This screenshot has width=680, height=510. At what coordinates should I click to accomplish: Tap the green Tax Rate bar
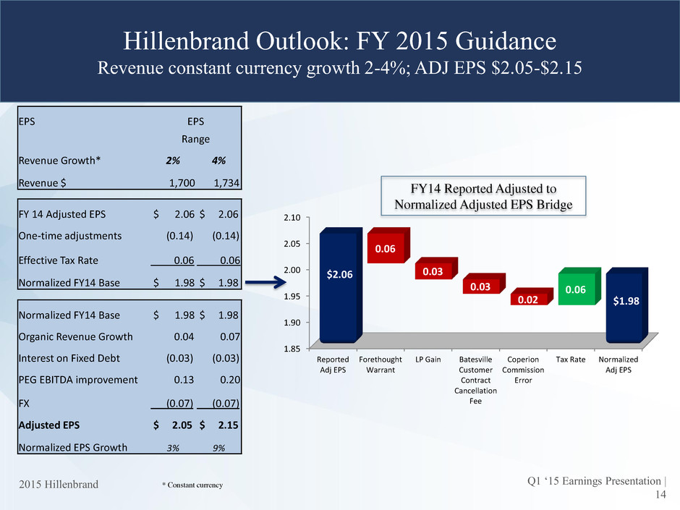575,289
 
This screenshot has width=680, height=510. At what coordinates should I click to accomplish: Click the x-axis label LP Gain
432,360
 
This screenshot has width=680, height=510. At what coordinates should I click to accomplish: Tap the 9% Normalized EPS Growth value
218,447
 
